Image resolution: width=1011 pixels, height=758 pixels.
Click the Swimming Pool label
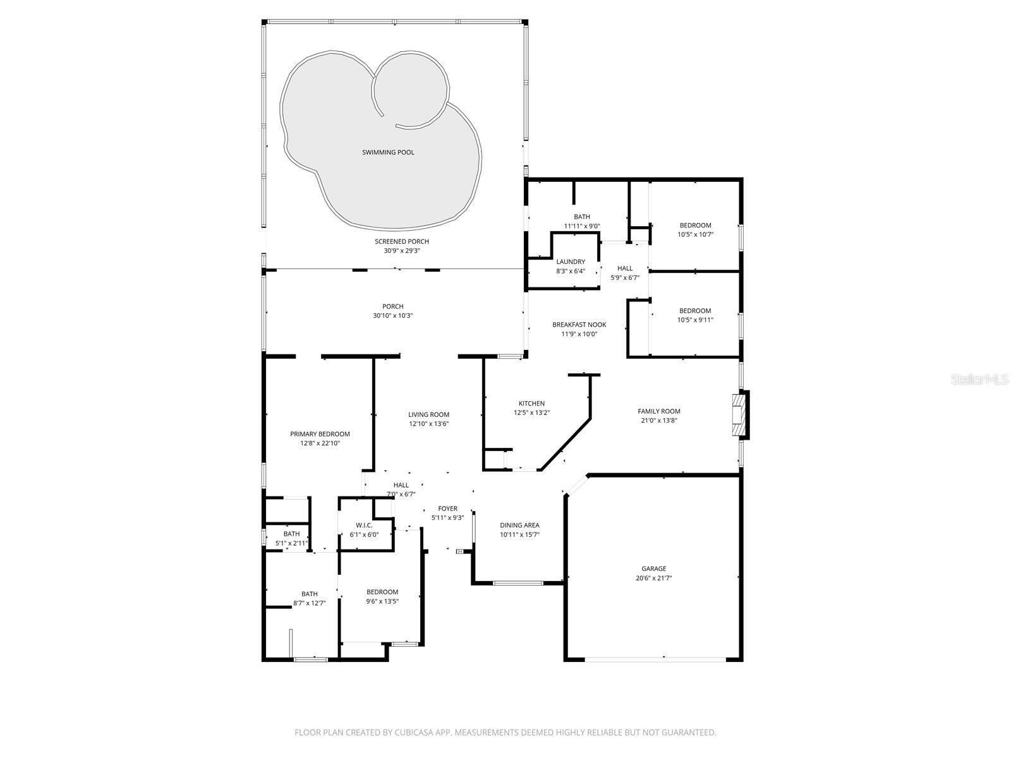[388, 152]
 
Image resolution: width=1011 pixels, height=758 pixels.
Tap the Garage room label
[654, 568]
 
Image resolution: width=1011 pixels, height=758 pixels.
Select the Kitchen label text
[531, 404]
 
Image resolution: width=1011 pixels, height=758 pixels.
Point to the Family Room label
[658, 411]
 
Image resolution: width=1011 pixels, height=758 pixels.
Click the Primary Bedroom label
[320, 434]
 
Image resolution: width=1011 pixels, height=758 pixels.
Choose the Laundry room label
[571, 262]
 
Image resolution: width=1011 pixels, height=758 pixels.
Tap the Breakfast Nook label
[579, 325]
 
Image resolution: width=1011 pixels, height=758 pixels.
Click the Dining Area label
[519, 525]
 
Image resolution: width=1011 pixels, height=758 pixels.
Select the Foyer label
[447, 508]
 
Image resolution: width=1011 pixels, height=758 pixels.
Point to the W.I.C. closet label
[364, 526]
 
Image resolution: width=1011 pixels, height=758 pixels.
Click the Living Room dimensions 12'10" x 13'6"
[428, 424]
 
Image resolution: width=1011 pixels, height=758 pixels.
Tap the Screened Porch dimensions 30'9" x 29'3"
[402, 251]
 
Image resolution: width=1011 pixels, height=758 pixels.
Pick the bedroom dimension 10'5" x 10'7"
[695, 234]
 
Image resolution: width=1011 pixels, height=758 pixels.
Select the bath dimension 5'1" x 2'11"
[291, 543]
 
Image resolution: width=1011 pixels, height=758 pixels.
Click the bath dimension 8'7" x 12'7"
[309, 603]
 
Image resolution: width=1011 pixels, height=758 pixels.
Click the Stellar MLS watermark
[981, 380]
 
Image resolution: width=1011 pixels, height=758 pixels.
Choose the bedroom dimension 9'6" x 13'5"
[382, 601]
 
